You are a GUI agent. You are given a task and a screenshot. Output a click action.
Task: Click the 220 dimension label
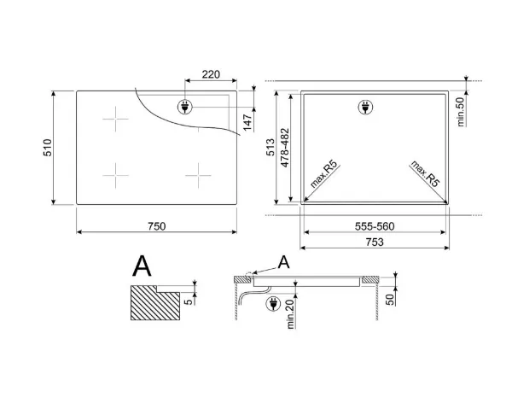pyautogui.click(x=211, y=74)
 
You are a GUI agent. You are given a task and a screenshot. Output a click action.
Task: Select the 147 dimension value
pyautogui.click(x=247, y=122)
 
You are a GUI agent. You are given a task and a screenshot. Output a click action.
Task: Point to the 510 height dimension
pyautogui.click(x=48, y=148)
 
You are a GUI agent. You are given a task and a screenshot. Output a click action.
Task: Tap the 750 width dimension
pyautogui.click(x=157, y=226)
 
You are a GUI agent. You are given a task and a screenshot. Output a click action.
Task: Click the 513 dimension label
pyautogui.click(x=271, y=148)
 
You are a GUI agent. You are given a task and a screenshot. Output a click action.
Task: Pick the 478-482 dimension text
pyautogui.click(x=285, y=148)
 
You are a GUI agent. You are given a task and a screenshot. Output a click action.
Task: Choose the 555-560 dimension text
pyautogui.click(x=375, y=226)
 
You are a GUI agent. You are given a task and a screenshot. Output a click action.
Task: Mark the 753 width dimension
pyautogui.click(x=375, y=242)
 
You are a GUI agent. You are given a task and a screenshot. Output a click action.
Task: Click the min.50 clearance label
pyautogui.click(x=461, y=112)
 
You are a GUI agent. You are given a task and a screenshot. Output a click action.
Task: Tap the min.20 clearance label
pyautogui.click(x=291, y=314)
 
